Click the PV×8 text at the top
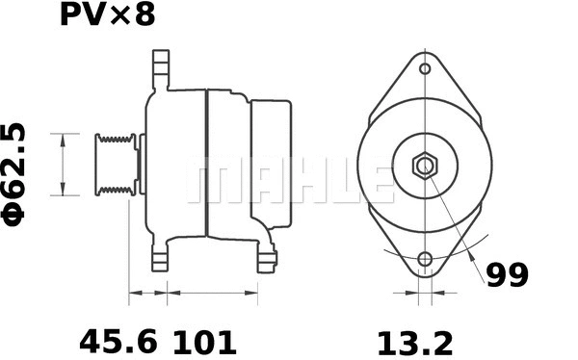tap(107, 15)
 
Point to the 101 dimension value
tap(204, 340)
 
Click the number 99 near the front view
tap(506, 276)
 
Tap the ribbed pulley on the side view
tap(114, 165)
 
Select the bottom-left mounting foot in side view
tap(160, 256)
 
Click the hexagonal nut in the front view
tap(425, 165)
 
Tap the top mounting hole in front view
tap(425, 69)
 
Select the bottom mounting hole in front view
tap(425, 260)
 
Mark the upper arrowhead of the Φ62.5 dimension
tap(64, 140)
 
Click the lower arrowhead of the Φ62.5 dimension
tap(64, 190)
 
